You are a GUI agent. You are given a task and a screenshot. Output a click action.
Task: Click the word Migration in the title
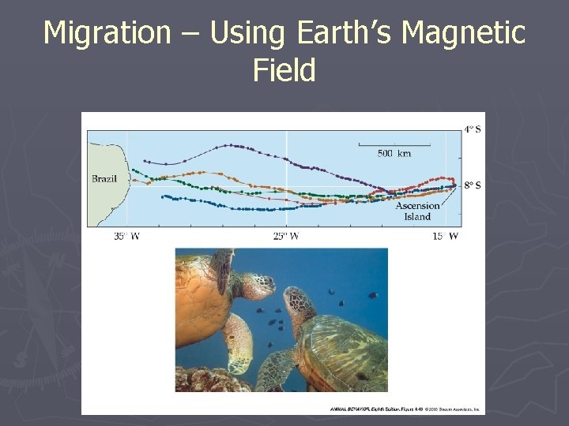[106, 33]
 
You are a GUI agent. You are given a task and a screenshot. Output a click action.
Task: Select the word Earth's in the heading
[345, 33]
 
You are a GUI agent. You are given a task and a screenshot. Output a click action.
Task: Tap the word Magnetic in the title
[463, 33]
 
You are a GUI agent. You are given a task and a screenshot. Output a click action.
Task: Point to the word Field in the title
[284, 71]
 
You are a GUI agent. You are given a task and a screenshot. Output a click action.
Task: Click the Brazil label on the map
[104, 179]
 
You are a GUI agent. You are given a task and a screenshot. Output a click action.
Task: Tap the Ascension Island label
[417, 211]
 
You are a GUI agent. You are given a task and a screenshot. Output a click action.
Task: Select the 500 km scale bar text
[394, 153]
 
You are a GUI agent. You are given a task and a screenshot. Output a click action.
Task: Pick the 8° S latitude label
[472, 185]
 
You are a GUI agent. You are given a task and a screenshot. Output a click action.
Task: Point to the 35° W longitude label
[126, 236]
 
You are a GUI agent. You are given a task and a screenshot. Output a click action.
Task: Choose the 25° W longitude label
[285, 236]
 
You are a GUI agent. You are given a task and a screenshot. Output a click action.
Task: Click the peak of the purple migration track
[229, 145]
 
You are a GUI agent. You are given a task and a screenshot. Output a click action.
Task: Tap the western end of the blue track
[163, 196]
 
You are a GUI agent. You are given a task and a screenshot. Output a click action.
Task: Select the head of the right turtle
[298, 302]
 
